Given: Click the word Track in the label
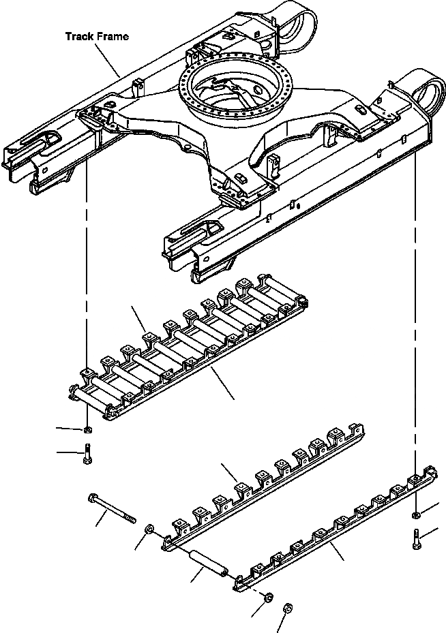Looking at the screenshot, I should click(x=79, y=36).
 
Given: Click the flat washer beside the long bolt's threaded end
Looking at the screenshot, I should click(x=150, y=529).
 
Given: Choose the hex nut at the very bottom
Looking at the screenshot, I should click(x=287, y=606).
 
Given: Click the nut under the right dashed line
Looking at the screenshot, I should click(x=415, y=513).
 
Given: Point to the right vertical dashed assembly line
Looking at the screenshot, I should click(x=415, y=307).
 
